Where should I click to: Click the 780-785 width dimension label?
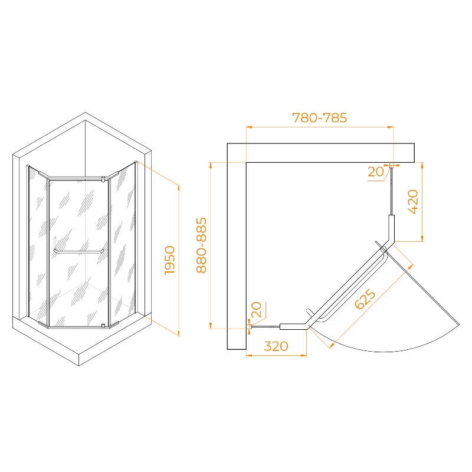point(319,117)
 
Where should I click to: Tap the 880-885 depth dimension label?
point(201,245)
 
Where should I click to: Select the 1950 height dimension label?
point(170,260)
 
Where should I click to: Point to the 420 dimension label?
point(413,202)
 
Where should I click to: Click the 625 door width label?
point(365,299)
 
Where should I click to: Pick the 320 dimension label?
point(276,346)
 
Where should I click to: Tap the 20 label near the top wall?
point(376,172)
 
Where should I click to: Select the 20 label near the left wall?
point(256,310)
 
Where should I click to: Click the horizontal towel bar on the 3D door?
point(79,252)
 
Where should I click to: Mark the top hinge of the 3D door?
point(103,179)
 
